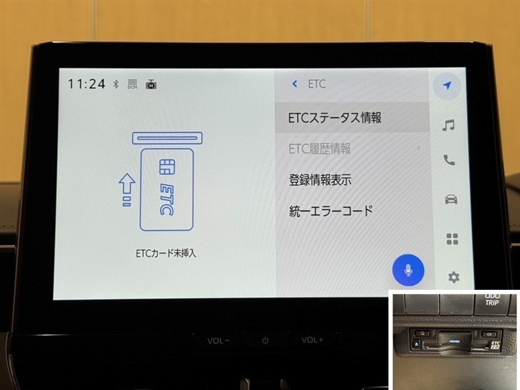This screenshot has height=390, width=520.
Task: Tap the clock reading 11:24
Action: [86, 84]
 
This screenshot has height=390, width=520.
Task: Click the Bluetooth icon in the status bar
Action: [116, 84]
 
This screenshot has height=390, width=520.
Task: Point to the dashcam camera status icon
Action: [151, 84]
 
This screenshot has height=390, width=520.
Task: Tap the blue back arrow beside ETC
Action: [294, 84]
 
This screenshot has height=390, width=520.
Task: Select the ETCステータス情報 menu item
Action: [335, 118]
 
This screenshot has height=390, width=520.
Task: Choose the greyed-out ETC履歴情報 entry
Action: [320, 149]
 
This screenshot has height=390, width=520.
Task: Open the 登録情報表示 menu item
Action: [320, 180]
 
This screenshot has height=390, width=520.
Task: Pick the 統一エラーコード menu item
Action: [331, 211]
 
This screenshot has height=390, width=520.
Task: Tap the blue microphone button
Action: [408, 270]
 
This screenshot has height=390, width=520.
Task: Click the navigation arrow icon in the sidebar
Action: [447, 85]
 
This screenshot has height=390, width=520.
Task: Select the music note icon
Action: [448, 125]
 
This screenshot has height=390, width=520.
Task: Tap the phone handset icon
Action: [449, 160]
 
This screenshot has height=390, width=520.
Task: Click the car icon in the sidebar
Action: [450, 199]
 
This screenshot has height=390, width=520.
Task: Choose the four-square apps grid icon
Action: [452, 239]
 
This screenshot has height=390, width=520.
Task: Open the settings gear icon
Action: [454, 277]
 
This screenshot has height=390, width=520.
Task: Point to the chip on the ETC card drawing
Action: [167, 167]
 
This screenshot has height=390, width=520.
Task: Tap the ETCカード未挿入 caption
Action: [166, 253]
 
